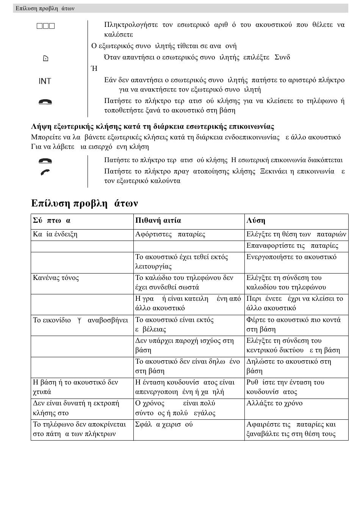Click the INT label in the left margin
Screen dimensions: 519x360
[x=45, y=81]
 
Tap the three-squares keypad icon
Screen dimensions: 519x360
[x=46, y=26]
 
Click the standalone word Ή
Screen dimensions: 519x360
[x=94, y=69]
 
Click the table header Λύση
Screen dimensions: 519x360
[x=256, y=220]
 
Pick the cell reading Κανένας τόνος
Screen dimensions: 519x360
[x=56, y=278]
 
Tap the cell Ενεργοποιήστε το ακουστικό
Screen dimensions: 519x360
[x=291, y=257]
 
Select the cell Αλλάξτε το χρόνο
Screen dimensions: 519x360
[x=274, y=403]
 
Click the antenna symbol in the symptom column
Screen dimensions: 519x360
[x=79, y=320]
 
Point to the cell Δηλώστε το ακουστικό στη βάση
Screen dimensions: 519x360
[x=289, y=366]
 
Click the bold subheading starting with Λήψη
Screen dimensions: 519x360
[x=152, y=127]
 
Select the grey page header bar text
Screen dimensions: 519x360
[x=45, y=8]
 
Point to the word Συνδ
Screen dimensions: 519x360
[x=282, y=57]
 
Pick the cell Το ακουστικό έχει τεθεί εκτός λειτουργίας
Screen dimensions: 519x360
[x=182, y=261]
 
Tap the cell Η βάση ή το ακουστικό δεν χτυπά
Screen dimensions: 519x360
[x=75, y=387]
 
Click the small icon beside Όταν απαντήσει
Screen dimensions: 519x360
[x=45, y=58]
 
